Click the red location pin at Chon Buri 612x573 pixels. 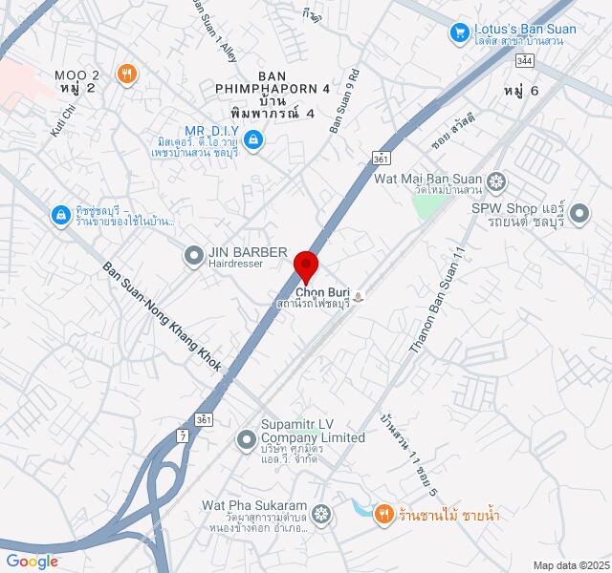[305, 264]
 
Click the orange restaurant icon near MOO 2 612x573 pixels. [126, 74]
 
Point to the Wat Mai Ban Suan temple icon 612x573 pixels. [496, 180]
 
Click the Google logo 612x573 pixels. [32, 562]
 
